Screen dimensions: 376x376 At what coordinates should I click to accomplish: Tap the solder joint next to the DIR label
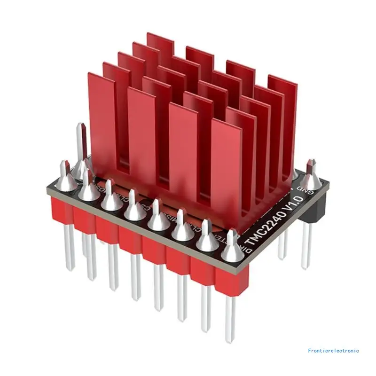[x=232, y=249]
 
